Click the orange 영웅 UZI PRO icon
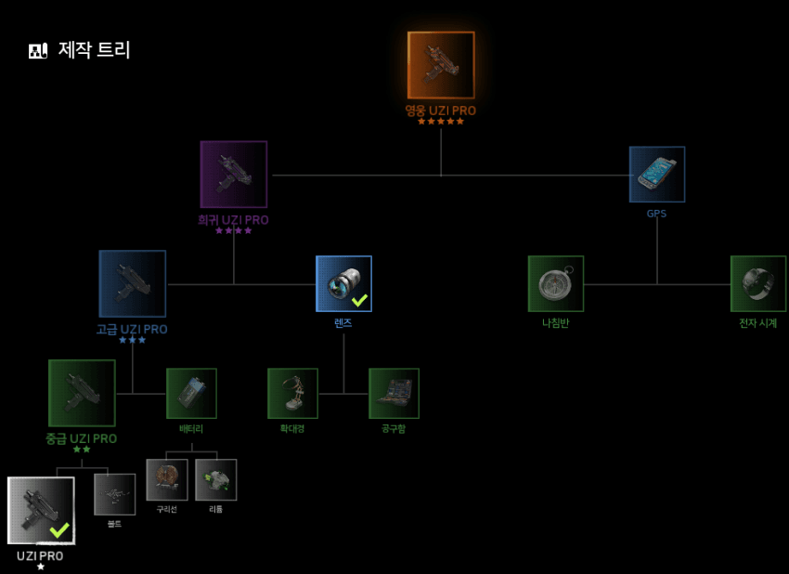441,65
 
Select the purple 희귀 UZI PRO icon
234,175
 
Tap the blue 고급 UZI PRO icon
133,283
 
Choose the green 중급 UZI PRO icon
82,393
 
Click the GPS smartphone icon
657,175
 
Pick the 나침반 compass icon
556,283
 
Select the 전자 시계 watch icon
758,283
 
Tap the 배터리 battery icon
191,393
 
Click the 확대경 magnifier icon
292,393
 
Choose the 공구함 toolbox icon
394,393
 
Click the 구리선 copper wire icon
167,479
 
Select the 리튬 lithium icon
215,479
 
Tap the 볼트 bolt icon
115,494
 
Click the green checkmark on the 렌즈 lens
359,300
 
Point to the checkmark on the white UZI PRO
59,529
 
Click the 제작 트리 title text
95,50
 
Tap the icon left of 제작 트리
38,50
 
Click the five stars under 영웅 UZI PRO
441,122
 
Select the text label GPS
657,214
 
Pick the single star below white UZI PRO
41,567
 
